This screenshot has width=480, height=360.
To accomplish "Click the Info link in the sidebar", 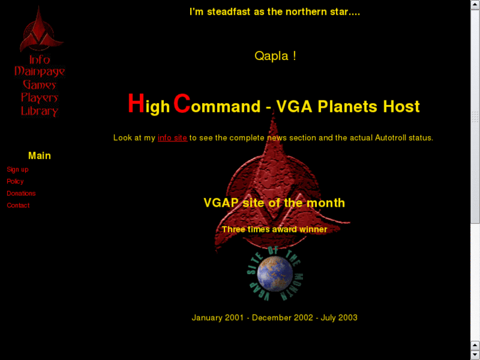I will click(x=39, y=59).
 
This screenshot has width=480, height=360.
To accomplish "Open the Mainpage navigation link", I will click(x=40, y=71).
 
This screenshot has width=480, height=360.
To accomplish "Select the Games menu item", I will click(x=40, y=85).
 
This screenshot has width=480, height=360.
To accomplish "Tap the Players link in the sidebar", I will click(x=40, y=98).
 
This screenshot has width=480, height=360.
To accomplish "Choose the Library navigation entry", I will click(x=40, y=111).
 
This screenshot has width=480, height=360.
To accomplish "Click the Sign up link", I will click(x=18, y=170).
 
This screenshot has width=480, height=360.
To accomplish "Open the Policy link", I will click(x=15, y=182).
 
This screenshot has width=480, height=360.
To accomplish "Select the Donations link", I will click(x=21, y=194).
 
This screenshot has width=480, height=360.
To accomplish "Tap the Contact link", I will click(x=18, y=205).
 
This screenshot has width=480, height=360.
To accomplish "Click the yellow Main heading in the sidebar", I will click(x=40, y=156).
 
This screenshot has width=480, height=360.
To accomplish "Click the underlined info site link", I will click(x=172, y=138).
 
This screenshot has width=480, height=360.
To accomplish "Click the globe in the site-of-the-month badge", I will click(x=275, y=273).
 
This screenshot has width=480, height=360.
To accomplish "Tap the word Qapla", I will click(x=271, y=56).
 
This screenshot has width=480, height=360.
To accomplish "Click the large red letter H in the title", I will click(x=136, y=104).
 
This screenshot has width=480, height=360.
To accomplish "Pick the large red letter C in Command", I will click(x=182, y=104).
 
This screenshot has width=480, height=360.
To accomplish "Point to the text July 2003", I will click(x=339, y=318).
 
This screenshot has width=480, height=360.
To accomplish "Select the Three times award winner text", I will click(x=275, y=230).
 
